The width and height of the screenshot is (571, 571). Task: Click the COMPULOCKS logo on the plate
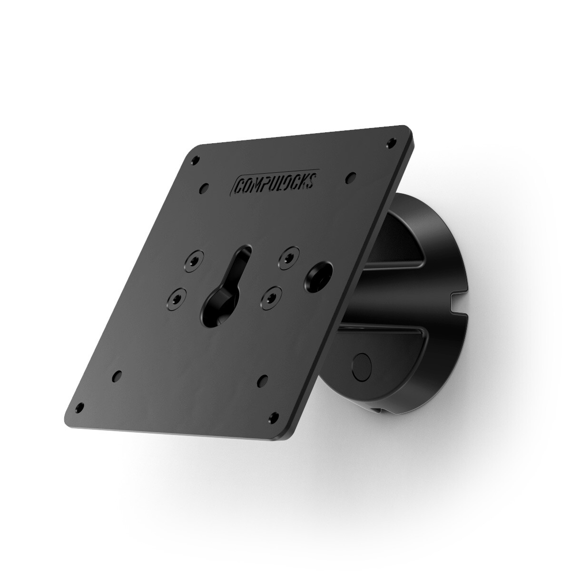pyautogui.click(x=279, y=182)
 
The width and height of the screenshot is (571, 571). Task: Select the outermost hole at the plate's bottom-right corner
pyautogui.click(x=273, y=417)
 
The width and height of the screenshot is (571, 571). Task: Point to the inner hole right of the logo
pyautogui.click(x=351, y=176)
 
